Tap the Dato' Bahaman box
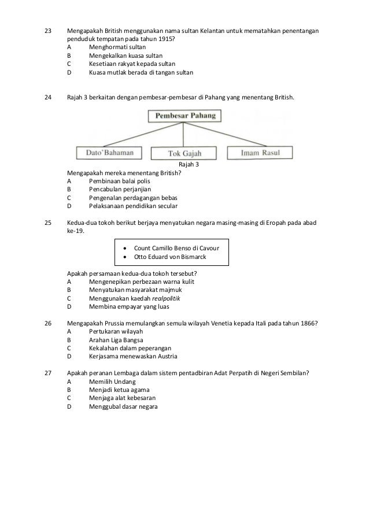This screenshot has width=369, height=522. click(x=109, y=153)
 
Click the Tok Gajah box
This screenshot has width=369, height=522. click(x=183, y=154)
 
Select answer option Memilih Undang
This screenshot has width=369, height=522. click(x=112, y=382)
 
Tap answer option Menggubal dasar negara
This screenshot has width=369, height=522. click(x=123, y=406)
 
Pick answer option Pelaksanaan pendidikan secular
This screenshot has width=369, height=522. click(x=133, y=206)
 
